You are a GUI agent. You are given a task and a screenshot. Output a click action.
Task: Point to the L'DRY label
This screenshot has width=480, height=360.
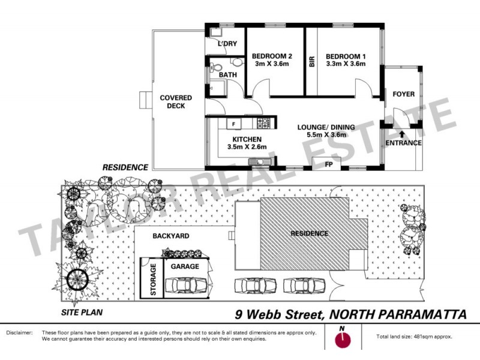[227, 44]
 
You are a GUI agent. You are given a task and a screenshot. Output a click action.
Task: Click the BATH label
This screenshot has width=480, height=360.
[227, 75]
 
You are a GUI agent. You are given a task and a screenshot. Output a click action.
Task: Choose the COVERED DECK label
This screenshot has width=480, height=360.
[176, 102]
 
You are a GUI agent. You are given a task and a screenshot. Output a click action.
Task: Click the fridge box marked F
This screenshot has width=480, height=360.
[234, 124]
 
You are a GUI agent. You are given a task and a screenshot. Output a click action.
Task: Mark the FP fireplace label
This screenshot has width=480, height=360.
[329, 164]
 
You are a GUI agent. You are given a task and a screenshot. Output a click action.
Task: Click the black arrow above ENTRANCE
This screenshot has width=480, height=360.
[401, 134]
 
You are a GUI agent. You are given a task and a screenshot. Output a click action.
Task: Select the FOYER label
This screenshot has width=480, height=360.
[403, 94]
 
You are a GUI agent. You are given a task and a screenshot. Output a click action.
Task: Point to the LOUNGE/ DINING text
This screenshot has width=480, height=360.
[326, 127]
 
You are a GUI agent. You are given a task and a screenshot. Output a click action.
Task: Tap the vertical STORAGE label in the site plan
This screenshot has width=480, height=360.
[153, 280]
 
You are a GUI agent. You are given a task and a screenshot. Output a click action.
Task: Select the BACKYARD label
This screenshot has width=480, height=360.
[170, 236]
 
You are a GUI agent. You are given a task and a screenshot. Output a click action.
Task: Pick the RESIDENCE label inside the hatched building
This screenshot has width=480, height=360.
[310, 233]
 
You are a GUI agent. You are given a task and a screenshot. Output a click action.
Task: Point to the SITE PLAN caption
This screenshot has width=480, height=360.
[82, 312]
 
